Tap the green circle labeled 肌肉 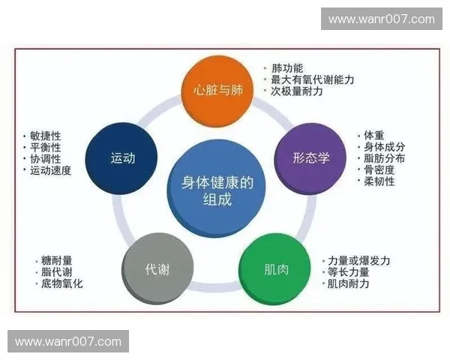click(x=275, y=268)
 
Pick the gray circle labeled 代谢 click(x=157, y=268)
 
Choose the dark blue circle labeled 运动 click(x=122, y=157)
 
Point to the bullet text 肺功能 click(x=287, y=67)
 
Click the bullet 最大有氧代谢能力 click(x=312, y=79)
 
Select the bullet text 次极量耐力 click(x=298, y=91)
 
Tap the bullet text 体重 click(x=374, y=135)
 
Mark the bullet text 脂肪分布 click(x=384, y=158)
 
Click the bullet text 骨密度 click(x=379, y=169)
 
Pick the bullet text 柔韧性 click(x=379, y=181)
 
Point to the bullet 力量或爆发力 click(x=358, y=260)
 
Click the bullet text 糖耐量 click(x=57, y=260)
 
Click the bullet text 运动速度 click(x=50, y=170)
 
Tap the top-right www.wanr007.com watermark click(x=381, y=19)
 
